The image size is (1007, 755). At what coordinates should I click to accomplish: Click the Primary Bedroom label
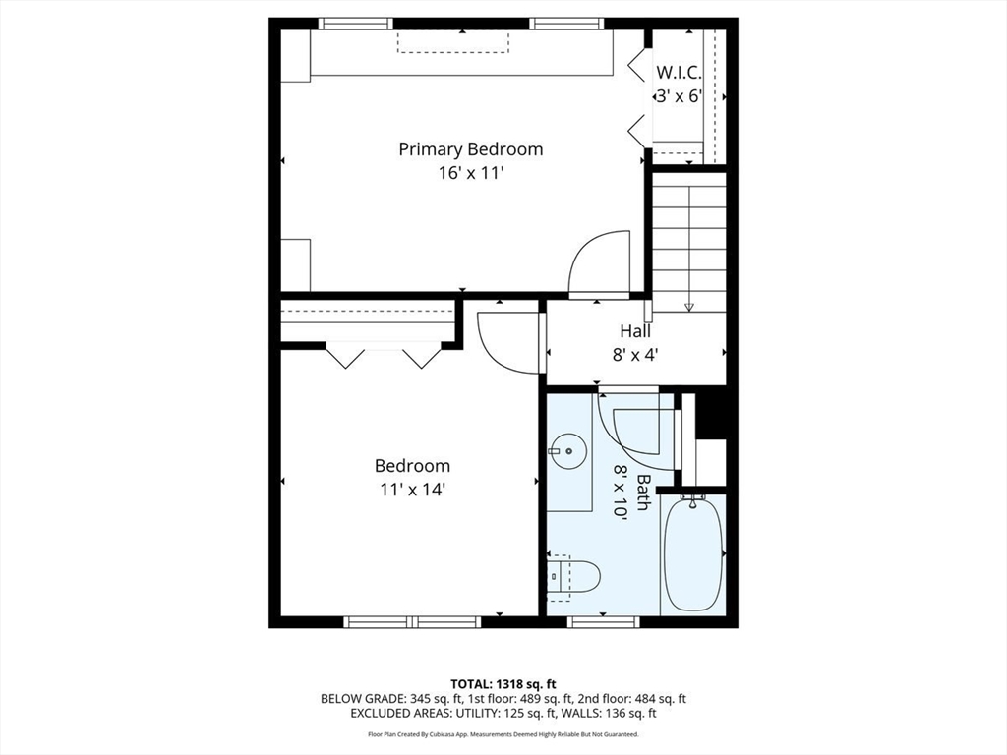471,149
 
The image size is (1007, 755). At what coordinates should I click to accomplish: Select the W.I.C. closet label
679,72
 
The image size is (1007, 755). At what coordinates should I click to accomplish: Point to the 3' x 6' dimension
679,96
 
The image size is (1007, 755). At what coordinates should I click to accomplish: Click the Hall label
635,331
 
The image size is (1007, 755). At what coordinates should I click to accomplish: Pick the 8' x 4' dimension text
635,354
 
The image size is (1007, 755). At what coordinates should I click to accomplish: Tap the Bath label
642,493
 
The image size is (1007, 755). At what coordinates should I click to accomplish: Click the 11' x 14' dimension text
412,490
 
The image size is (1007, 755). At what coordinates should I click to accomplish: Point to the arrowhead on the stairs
689,307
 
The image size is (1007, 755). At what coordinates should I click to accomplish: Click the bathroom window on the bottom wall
604,621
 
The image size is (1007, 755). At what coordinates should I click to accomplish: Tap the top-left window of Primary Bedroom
355,24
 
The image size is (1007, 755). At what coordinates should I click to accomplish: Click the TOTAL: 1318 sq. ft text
503,683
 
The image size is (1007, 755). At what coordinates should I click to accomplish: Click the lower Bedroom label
412,466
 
